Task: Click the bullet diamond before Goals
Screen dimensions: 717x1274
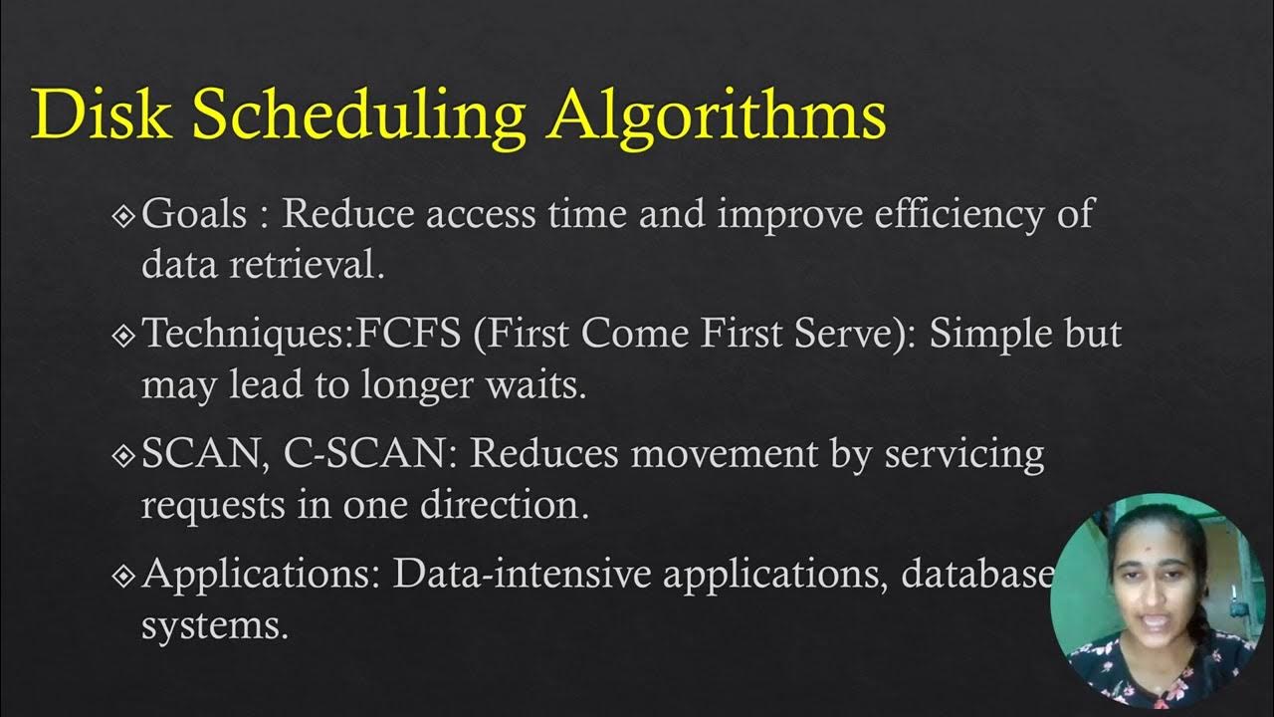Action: pos(124,215)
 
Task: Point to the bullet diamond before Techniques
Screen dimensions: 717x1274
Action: pos(124,336)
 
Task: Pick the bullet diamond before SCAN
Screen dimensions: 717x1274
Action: pos(124,455)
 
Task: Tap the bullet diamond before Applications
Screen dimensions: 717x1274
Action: pos(124,576)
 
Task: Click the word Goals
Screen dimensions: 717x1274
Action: pos(194,214)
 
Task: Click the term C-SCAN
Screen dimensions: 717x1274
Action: pos(369,454)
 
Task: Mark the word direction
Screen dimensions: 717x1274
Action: pos(504,505)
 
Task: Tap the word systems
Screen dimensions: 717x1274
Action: pos(214,626)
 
